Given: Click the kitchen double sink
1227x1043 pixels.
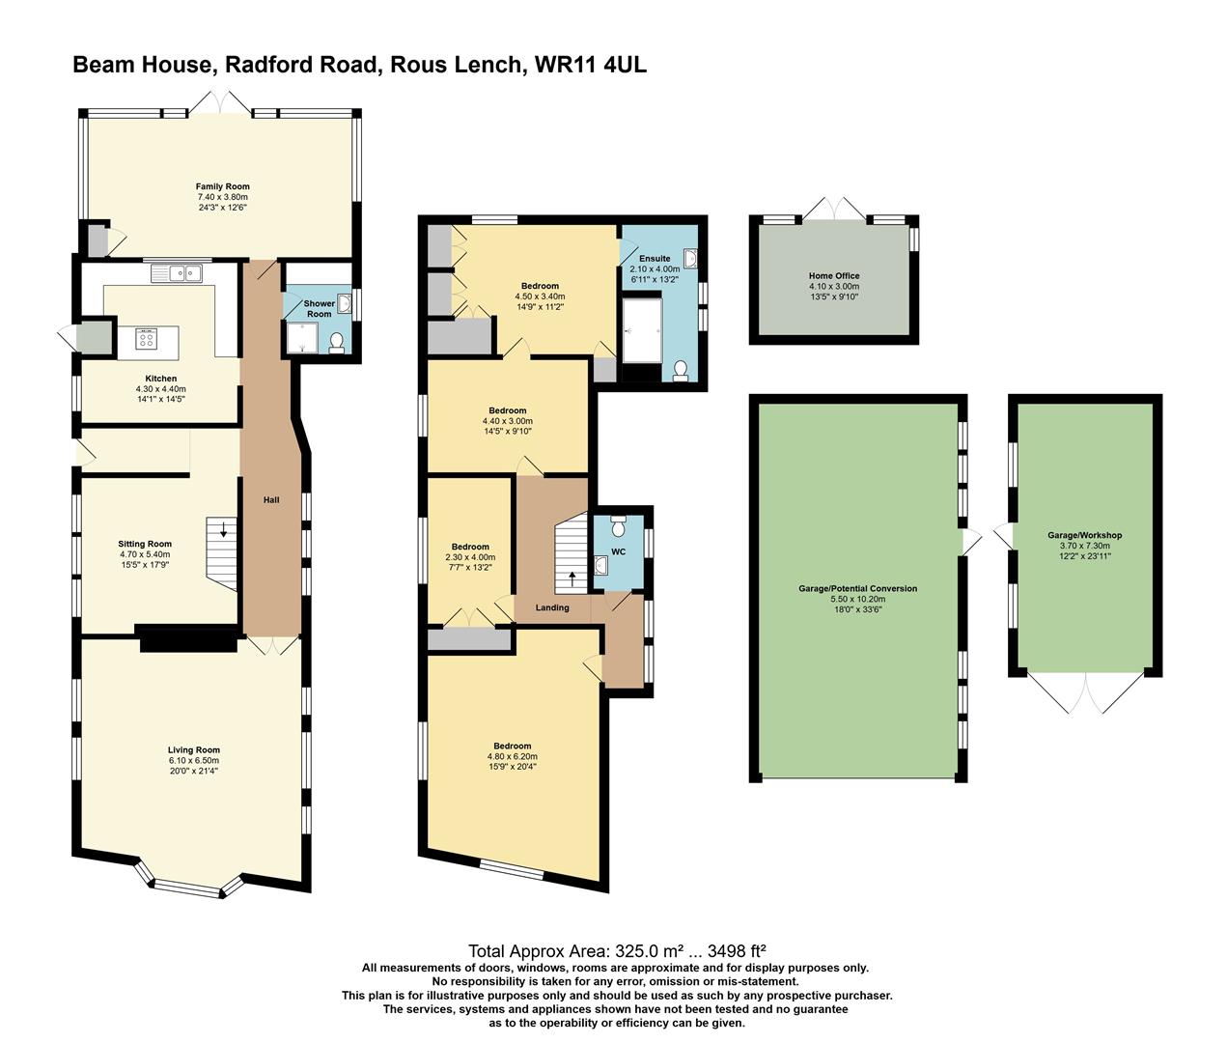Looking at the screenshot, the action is [x=177, y=273].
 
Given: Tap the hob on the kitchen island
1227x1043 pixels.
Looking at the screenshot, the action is [x=146, y=340].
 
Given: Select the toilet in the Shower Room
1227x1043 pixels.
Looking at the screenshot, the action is [x=337, y=343].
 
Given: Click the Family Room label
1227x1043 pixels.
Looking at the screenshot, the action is [x=223, y=186].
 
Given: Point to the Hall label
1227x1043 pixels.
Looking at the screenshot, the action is [x=271, y=500].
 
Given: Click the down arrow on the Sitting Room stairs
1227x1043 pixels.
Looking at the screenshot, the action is [x=223, y=529].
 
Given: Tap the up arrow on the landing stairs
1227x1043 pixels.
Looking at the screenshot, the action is [x=572, y=576].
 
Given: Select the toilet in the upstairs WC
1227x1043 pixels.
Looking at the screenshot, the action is [x=619, y=525].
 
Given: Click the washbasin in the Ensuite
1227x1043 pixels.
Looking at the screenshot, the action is [x=690, y=259].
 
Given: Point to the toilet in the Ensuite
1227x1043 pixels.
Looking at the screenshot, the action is [x=681, y=371].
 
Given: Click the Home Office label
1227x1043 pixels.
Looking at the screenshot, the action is [x=834, y=275].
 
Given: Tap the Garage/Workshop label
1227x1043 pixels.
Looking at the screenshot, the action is [x=1084, y=535].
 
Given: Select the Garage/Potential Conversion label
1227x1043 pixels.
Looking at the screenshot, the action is [x=858, y=588].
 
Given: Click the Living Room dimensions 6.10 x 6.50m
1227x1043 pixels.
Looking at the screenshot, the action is [x=193, y=760].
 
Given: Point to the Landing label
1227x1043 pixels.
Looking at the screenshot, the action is [x=552, y=607].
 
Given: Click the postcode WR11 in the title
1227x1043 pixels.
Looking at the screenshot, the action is [x=565, y=65].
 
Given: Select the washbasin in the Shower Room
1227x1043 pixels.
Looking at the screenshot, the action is [x=345, y=303].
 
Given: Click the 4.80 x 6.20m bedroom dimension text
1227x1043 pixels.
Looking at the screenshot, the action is [x=513, y=757].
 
